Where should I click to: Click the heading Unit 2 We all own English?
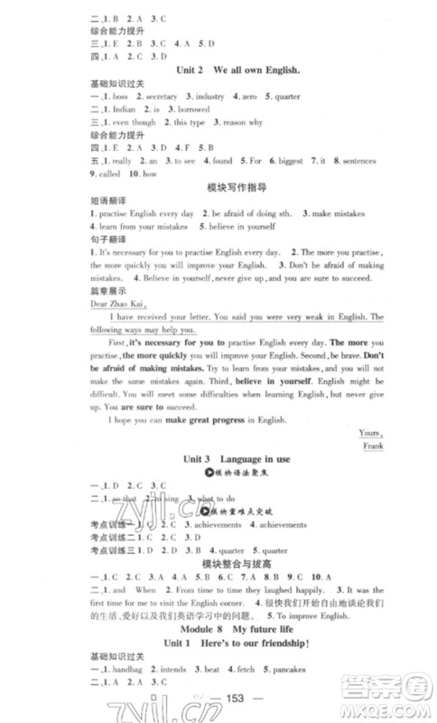coord(226,70)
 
